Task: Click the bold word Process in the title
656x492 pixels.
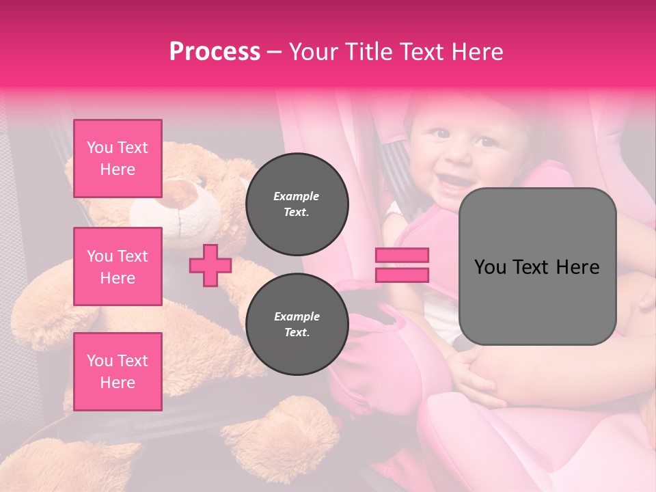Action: (215, 52)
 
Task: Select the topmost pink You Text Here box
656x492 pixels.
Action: (118, 159)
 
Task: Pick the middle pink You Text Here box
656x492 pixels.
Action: (118, 266)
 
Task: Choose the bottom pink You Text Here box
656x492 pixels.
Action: (118, 372)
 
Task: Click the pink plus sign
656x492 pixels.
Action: (210, 266)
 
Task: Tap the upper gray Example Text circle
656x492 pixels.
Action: (297, 204)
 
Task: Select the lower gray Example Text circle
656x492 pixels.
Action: (297, 325)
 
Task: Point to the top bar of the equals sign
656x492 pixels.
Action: (402, 256)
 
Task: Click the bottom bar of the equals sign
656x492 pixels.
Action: (402, 275)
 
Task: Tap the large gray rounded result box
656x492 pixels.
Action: (537, 266)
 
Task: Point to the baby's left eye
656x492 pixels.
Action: (487, 143)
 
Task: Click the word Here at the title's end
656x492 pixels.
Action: (478, 52)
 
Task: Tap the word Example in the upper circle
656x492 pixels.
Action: (297, 196)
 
